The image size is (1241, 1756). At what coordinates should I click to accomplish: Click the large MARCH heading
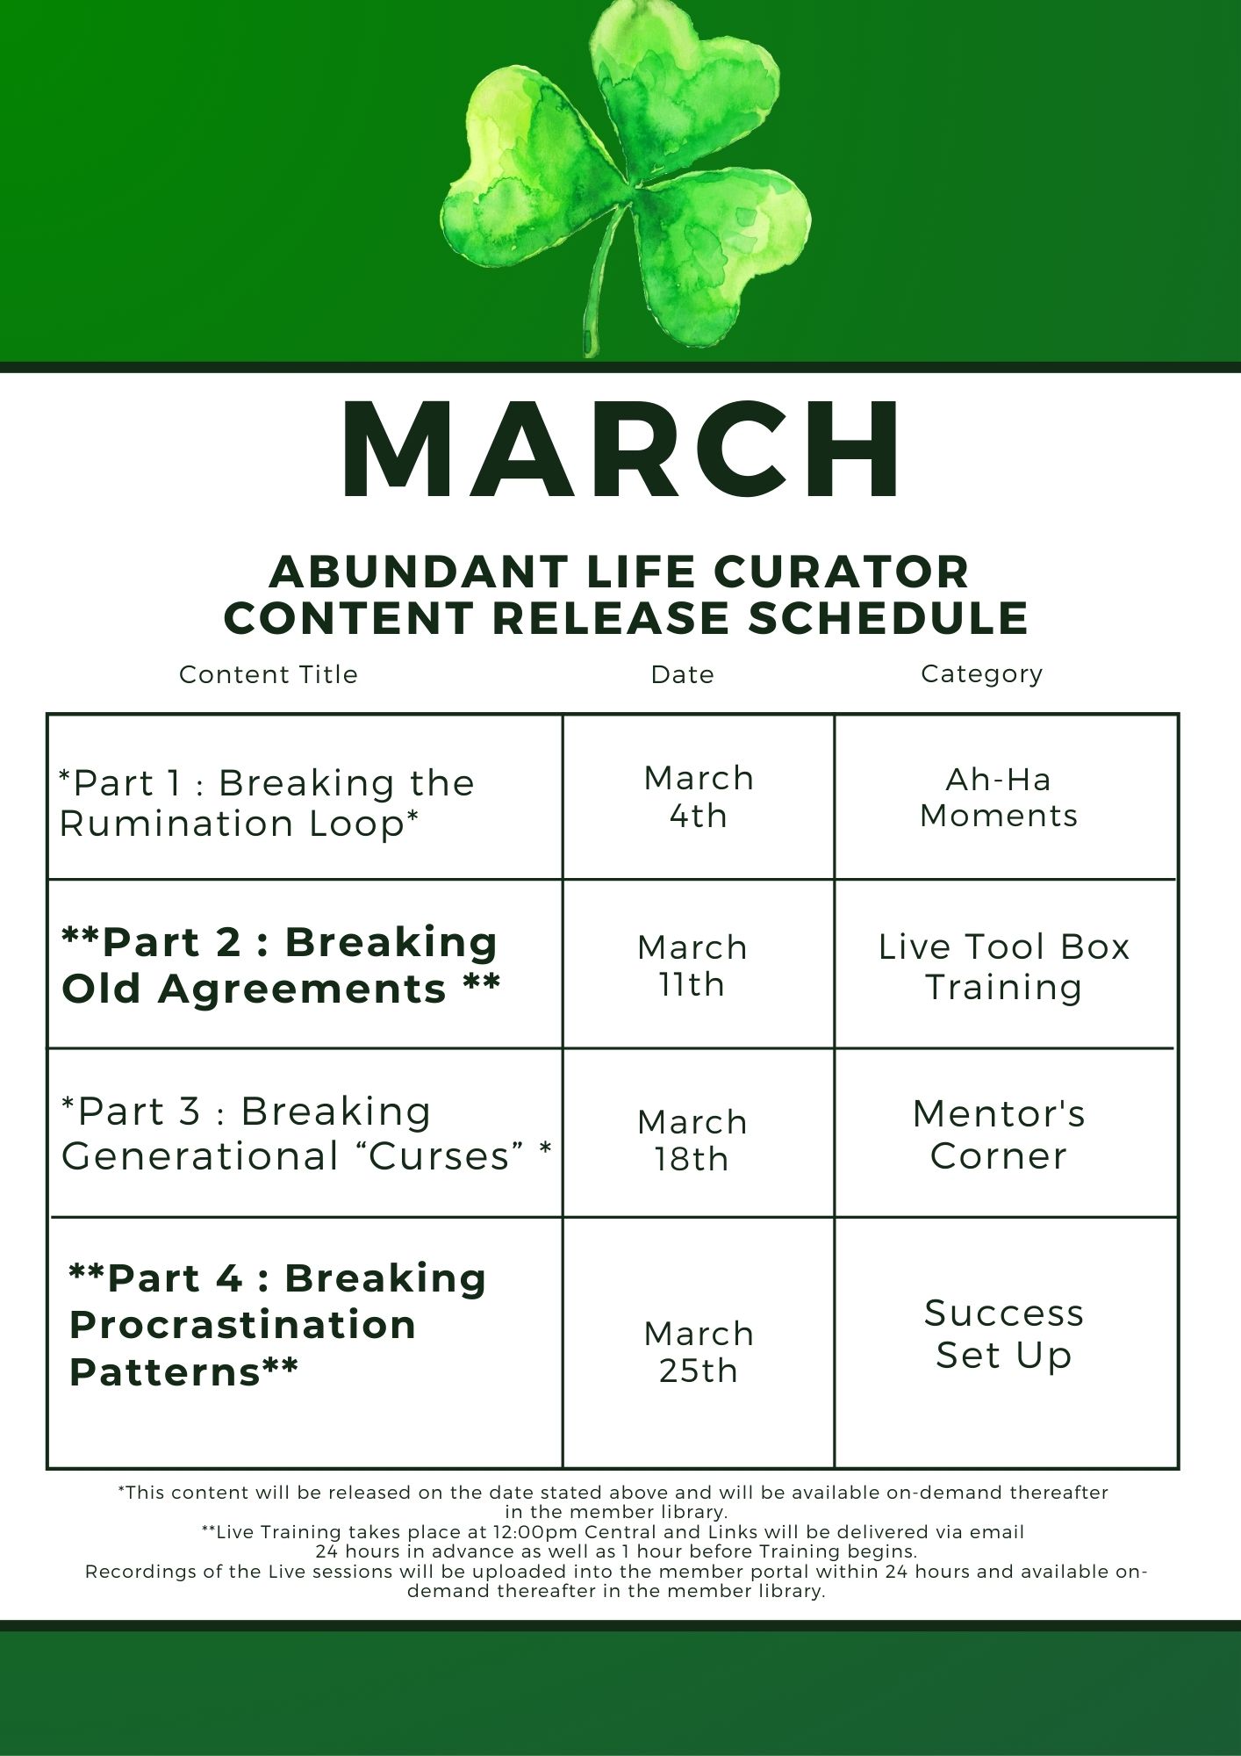coord(621,450)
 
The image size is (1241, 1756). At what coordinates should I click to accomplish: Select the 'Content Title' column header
coord(269,674)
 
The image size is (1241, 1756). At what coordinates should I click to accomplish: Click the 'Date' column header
coord(683,674)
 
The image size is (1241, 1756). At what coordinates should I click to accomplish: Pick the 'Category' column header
coord(982,674)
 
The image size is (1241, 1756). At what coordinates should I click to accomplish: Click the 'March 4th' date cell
coord(699,797)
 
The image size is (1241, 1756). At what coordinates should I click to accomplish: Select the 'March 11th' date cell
coord(692,966)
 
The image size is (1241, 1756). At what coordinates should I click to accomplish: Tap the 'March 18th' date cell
coord(692,1141)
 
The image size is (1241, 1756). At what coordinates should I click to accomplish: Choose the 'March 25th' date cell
coord(699,1352)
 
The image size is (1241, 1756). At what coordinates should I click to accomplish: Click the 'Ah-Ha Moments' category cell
coord(999,797)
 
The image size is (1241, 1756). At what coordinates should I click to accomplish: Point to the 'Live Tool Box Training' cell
coord(1004,967)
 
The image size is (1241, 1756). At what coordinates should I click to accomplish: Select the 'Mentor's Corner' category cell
coord(999,1134)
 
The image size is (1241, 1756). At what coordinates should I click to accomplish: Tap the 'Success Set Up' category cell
coord(1004,1335)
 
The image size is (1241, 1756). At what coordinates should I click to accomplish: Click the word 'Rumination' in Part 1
coord(176,824)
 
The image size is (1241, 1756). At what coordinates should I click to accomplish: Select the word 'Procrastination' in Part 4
coord(242,1325)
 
